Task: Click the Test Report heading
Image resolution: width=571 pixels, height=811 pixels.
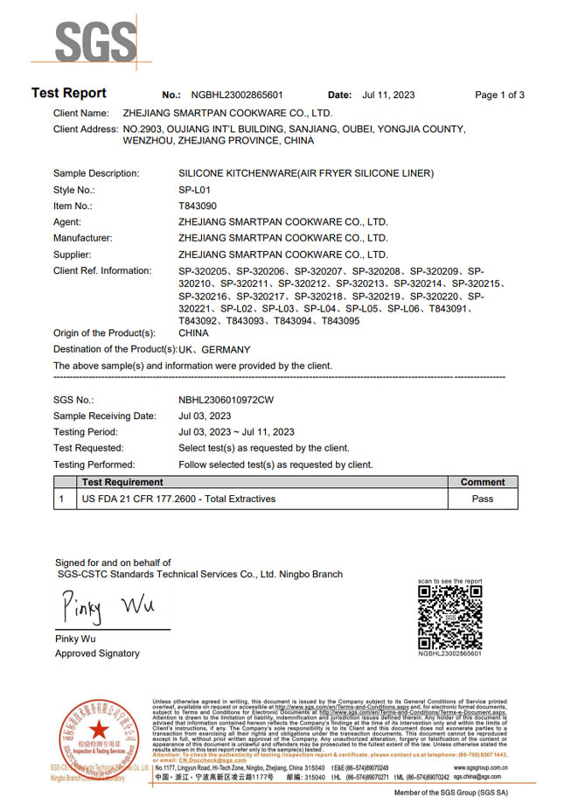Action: (x=69, y=94)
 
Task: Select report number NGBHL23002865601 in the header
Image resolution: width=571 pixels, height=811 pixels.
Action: (x=232, y=95)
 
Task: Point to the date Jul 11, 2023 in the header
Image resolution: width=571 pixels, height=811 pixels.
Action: (x=388, y=95)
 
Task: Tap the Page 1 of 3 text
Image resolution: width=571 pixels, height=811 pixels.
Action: (x=499, y=95)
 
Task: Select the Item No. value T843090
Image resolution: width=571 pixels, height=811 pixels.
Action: (x=198, y=206)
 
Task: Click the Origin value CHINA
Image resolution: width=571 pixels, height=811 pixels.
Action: (x=193, y=333)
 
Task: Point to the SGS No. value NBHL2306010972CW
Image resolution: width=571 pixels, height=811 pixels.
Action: (x=226, y=399)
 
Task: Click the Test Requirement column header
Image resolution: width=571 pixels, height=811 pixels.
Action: (x=122, y=482)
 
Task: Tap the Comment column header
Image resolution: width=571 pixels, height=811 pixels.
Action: (x=482, y=482)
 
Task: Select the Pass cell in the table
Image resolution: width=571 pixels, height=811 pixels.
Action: (x=482, y=499)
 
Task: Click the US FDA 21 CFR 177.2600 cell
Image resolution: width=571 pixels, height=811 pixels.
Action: (x=178, y=499)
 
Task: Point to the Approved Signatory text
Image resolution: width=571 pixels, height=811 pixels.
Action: (x=97, y=654)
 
